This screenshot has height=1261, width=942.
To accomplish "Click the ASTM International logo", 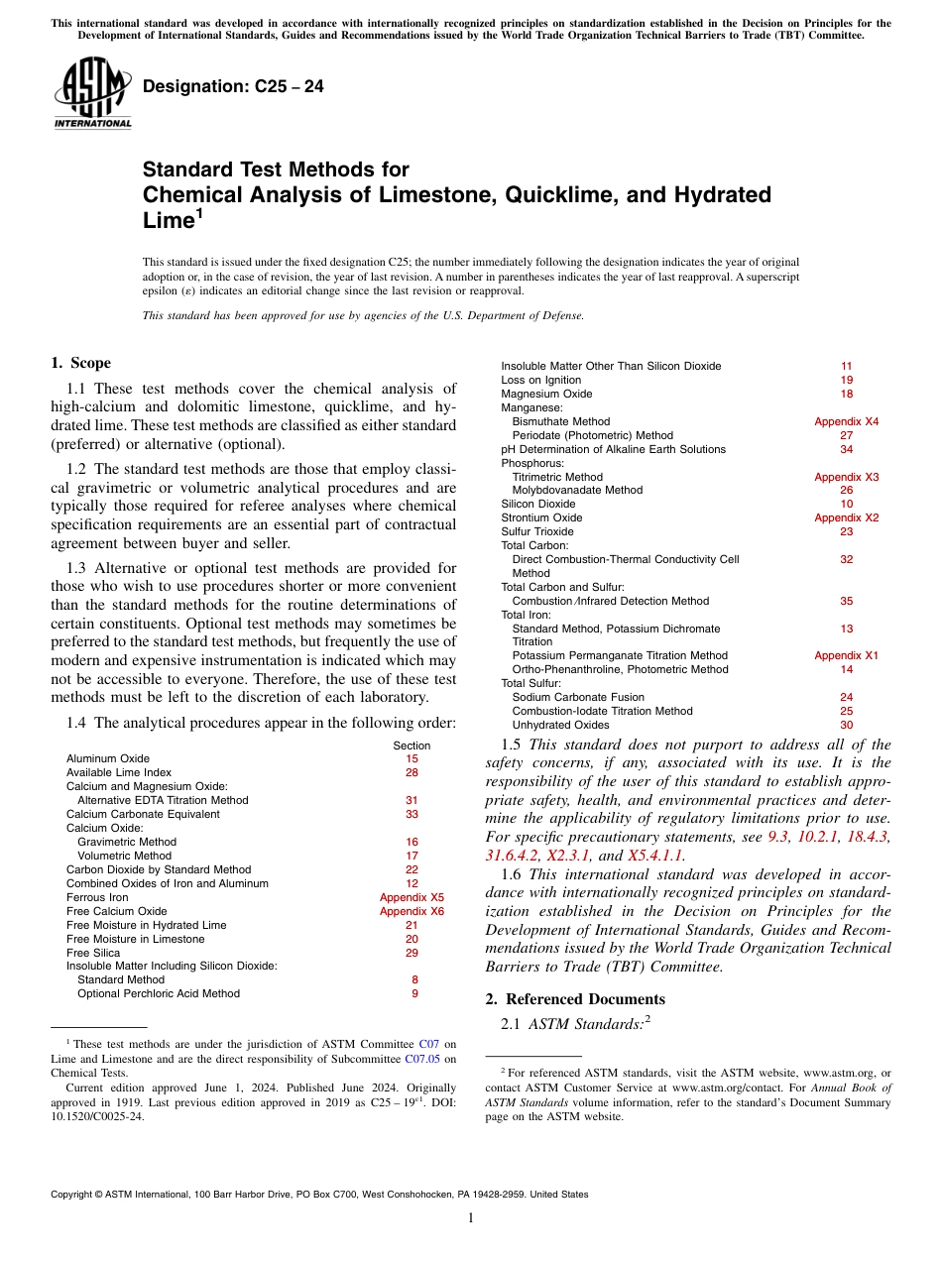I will (91, 93).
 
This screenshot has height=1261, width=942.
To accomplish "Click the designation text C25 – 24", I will (233, 87).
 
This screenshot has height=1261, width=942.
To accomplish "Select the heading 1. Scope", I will (80, 363).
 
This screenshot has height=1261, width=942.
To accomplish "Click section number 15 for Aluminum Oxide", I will (412, 758).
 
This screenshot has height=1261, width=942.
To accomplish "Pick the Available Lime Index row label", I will (118, 772).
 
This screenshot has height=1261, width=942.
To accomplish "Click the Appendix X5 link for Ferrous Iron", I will (412, 897).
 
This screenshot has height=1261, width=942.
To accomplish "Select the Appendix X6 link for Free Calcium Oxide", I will (412, 911).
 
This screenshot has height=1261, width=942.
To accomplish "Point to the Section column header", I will (412, 745).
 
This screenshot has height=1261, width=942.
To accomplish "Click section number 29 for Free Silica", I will (412, 953).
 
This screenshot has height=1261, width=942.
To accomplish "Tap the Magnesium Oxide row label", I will (546, 394).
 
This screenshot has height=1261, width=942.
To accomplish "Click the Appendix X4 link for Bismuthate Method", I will (846, 421).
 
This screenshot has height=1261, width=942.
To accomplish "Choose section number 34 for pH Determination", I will (846, 449).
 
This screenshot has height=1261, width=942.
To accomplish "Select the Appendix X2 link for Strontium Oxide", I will (846, 517).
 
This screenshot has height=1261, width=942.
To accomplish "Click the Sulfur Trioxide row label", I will (537, 531).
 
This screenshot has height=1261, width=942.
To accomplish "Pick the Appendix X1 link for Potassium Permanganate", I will (846, 655).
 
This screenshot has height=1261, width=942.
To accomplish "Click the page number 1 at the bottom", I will (471, 1218).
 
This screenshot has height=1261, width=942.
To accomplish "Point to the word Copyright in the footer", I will (74, 1195).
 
